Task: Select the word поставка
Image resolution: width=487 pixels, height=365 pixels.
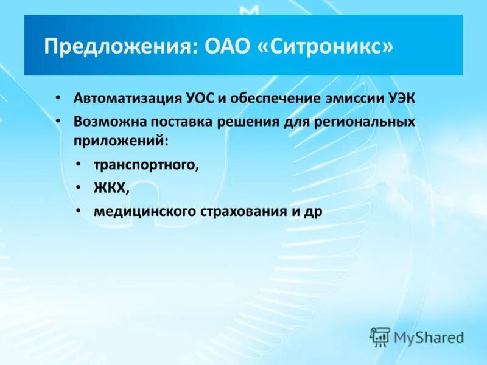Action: [x=177, y=121]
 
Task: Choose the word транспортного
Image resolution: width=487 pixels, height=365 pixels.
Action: [x=146, y=165]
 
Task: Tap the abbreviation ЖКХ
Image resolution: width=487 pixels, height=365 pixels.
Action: [x=110, y=188]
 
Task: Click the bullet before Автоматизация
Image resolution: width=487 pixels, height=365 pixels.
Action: [x=57, y=98]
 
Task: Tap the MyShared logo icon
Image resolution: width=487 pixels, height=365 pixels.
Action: [x=380, y=336]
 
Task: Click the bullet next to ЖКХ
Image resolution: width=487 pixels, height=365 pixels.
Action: [x=79, y=188]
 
